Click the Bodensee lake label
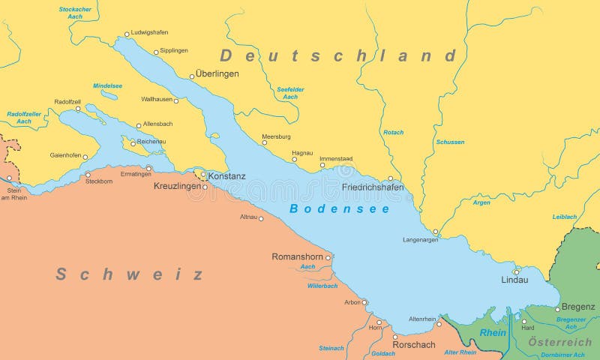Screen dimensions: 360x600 (340, 209)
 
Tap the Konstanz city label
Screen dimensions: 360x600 (226, 176)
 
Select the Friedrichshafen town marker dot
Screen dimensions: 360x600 (390, 178)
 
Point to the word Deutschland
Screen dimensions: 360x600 (337, 55)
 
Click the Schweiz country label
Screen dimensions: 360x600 (129, 274)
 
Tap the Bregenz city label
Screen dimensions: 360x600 (578, 307)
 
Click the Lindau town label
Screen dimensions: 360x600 (514, 280)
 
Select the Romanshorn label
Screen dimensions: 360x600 (296, 256)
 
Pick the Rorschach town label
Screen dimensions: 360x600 (414, 345)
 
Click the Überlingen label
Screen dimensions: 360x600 (217, 73)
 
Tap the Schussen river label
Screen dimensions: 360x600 (450, 142)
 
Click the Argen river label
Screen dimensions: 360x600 (481, 202)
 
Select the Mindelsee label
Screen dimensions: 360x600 (107, 85)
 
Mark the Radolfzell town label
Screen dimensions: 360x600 (67, 101)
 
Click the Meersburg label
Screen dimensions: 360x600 (276, 136)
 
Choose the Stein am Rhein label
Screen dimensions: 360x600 (13, 194)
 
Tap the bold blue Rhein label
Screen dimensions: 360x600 (493, 332)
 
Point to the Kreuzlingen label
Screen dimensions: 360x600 (178, 185)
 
